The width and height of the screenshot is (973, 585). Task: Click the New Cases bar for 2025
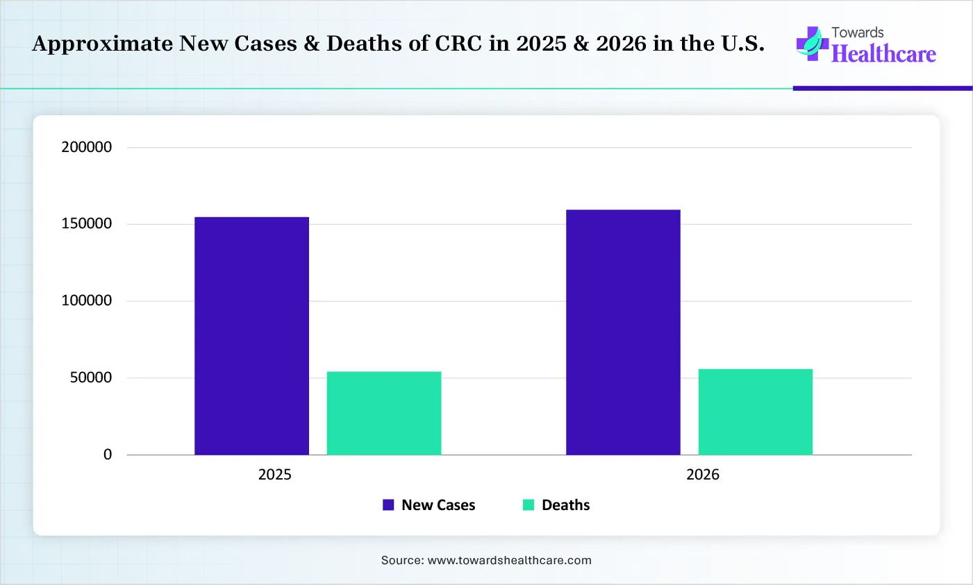coord(251,336)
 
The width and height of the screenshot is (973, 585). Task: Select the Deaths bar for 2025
coord(383,413)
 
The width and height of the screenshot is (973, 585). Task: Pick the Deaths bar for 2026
coord(755,412)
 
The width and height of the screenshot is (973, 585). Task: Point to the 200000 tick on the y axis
coord(87,147)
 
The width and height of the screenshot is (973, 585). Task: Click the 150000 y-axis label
coord(87,224)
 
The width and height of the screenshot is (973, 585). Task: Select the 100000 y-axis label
coord(87,300)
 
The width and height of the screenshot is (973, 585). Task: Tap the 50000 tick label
coord(90,378)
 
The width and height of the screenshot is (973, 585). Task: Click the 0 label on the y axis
coord(108,455)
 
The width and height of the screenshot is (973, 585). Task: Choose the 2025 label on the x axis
coord(275,475)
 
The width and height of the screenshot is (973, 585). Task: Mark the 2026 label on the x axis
coord(703,475)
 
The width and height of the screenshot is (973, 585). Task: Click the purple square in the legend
coord(388,505)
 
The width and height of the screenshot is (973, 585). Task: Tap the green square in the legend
coord(529,505)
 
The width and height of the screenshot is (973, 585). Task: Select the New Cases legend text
coord(438,505)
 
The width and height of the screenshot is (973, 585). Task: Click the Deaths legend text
coord(565,505)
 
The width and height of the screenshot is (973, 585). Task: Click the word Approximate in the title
coord(102,44)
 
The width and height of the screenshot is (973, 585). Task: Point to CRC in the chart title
coord(460,44)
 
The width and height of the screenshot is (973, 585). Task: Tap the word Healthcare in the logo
coord(883,54)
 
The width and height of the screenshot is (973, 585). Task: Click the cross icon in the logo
coord(811,44)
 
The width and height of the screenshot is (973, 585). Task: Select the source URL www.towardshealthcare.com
coord(509,560)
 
